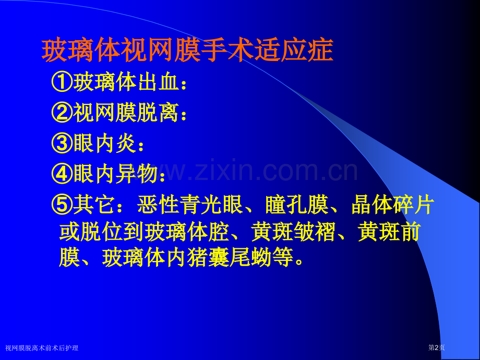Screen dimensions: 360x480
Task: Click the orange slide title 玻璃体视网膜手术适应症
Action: tap(187, 51)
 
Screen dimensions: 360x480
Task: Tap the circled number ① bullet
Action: tap(63, 82)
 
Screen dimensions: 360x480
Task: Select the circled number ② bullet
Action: tap(63, 113)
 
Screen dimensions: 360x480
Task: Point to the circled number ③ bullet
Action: tap(63, 143)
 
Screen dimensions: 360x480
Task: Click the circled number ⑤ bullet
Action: tap(63, 205)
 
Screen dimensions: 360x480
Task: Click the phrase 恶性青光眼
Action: tap(190, 205)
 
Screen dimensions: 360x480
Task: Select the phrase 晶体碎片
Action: tap(393, 205)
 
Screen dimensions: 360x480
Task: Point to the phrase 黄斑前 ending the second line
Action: tap(389, 232)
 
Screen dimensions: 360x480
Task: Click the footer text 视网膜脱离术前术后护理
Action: tap(42, 348)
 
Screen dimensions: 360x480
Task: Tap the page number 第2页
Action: tap(437, 348)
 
